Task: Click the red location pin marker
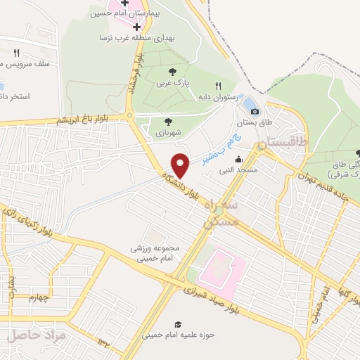pyautogui.click(x=181, y=166)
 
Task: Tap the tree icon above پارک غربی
pyautogui.click(x=173, y=72)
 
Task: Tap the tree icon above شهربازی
pyautogui.click(x=167, y=120)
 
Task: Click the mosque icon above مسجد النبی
pyautogui.click(x=239, y=159)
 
